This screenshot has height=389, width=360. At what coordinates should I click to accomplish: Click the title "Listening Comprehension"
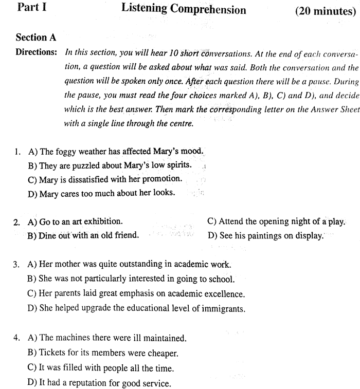[184, 9]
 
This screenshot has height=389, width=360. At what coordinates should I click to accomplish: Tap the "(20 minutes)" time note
[326, 11]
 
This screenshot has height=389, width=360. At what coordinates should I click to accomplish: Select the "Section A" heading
[36, 38]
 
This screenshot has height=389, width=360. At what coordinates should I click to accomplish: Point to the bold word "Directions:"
[37, 52]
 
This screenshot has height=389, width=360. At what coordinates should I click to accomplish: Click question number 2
[17, 223]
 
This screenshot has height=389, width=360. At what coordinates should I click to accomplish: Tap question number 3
[17, 265]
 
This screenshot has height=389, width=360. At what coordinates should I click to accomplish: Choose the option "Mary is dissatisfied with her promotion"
[105, 179]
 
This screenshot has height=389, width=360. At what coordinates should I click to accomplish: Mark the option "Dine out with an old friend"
[83, 236]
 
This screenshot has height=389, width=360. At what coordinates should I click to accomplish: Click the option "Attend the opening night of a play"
[276, 222]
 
